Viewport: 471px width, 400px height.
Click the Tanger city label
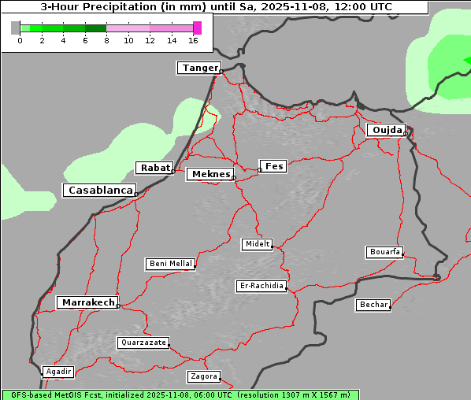coord(199,69)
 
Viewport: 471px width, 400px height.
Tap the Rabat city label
coord(154,168)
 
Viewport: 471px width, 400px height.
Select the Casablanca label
coord(99,191)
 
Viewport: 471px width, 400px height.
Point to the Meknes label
coord(210,174)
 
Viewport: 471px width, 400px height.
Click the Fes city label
coord(273,166)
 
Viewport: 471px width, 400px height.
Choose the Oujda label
coord(386,130)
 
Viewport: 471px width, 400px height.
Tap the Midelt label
coord(257,244)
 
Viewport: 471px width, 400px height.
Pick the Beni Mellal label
coord(170,264)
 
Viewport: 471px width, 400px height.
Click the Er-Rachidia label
coord(261,286)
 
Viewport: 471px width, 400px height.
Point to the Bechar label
coord(373,305)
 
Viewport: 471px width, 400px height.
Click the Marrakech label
coord(87,302)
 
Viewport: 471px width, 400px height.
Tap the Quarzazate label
coord(143,343)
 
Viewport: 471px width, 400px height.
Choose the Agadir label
coord(58,372)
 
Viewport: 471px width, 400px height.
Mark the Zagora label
coord(203,376)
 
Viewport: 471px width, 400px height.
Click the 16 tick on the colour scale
coord(193,41)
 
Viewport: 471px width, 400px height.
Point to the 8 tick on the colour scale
coord(106,41)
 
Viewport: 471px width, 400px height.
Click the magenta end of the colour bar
coord(197,28)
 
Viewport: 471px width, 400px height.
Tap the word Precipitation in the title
coord(117,7)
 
